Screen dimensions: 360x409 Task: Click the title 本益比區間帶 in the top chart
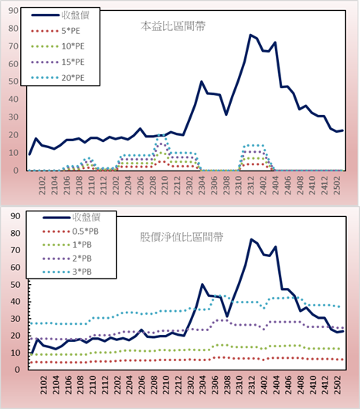pos(173,26)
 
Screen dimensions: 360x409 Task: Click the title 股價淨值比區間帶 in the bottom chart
pos(182,237)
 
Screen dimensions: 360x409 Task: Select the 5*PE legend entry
pos(56,31)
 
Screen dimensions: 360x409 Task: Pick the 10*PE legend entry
pos(57,46)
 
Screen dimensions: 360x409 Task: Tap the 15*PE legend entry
pos(57,62)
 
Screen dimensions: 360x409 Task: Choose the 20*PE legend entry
pos(57,78)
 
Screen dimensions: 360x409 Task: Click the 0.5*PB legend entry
pos(70,232)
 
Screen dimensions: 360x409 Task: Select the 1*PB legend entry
pos(67,245)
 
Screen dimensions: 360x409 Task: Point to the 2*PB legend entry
pos(67,259)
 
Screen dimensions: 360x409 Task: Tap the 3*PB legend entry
pos(67,272)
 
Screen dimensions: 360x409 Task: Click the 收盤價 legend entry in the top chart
pos(60,15)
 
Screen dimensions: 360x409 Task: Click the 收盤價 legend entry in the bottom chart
pos(72,218)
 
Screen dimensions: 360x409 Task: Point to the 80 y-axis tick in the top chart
pos(13,29)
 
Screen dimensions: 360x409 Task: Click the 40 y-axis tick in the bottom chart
pos(15,302)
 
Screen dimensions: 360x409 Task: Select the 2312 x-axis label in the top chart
pos(251,185)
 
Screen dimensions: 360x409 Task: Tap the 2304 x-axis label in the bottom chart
pos(202,385)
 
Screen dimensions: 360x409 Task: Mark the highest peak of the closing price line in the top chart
pos(250,35)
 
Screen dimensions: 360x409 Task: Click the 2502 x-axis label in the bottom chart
pos(338,385)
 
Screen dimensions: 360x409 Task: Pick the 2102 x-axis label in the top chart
pos(42,185)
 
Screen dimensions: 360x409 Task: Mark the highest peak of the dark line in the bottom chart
pos(251,239)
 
